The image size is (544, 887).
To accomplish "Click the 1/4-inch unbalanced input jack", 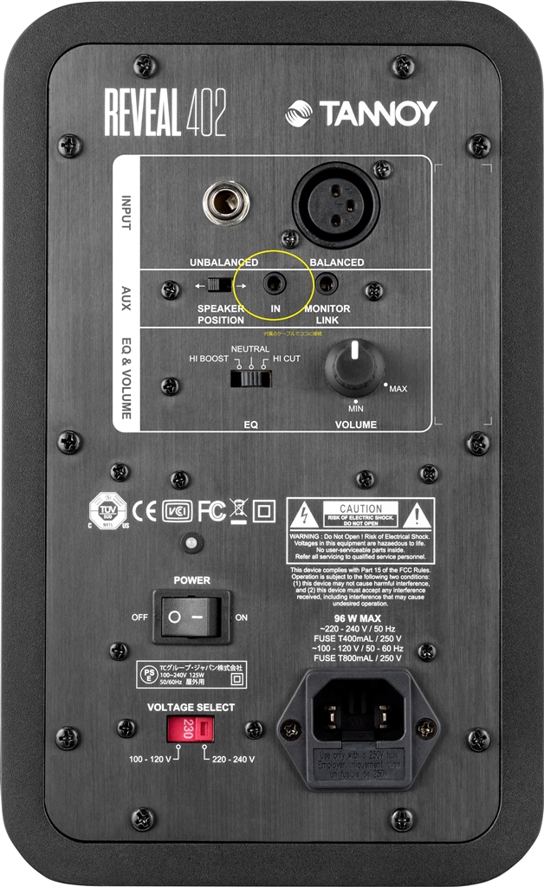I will (x=226, y=202).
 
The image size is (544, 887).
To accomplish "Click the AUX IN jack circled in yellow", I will (x=275, y=283).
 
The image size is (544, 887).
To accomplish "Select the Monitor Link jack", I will (x=327, y=283).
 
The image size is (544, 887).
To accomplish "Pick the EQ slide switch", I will (x=250, y=378).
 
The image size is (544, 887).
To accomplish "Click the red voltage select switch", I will (x=191, y=731).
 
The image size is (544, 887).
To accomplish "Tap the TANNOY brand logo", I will (x=362, y=113).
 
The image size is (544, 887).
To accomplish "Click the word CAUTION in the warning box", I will (x=361, y=508).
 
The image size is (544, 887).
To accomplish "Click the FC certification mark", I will (x=211, y=511).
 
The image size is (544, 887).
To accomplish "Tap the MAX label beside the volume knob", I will (x=398, y=389).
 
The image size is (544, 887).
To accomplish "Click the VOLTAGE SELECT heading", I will (x=191, y=707).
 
